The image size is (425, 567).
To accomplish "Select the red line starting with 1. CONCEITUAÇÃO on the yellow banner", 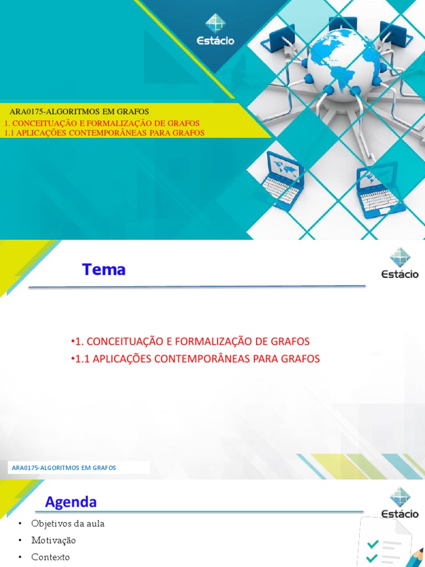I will click(102, 123).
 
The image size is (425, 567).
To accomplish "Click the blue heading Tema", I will click(104, 270).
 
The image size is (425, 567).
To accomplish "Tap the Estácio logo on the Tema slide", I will click(400, 264).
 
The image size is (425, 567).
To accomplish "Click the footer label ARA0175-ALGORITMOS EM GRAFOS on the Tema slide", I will click(64, 468).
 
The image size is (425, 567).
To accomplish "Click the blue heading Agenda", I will click(71, 502).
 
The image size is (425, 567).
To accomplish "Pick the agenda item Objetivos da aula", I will click(68, 523).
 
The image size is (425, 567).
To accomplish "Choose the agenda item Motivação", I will click(54, 540).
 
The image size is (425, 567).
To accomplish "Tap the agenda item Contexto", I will click(51, 557).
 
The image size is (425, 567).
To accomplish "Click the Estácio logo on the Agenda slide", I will click(400, 503).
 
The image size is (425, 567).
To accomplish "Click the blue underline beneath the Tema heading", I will click(197, 287).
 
